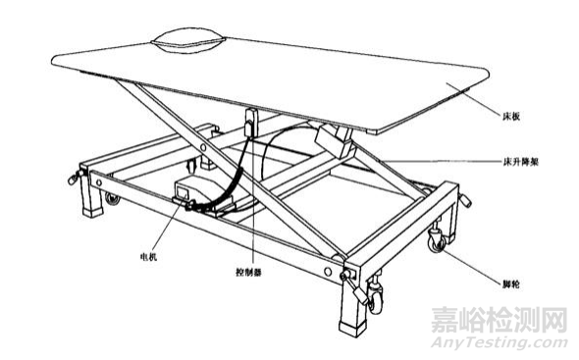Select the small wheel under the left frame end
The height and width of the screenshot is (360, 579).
click(111, 199)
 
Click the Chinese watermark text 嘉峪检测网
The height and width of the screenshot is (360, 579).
click(497, 320)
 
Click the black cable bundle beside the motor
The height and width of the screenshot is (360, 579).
click(233, 181)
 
